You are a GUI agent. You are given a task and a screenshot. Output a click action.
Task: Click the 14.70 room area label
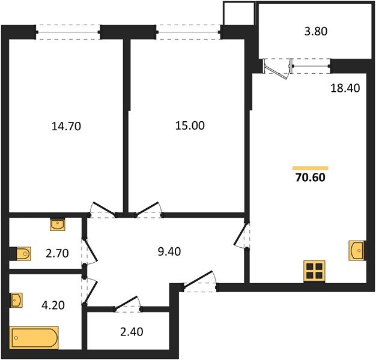(x=67, y=126)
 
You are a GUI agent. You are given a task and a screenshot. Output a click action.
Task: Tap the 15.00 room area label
(x=190, y=126)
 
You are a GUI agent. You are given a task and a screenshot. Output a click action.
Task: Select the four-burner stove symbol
(x=314, y=271)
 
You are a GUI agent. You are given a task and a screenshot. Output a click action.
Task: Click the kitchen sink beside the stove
(x=356, y=250)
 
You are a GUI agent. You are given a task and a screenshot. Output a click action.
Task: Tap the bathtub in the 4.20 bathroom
(x=34, y=338)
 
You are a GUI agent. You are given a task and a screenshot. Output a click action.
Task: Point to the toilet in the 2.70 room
(x=21, y=254)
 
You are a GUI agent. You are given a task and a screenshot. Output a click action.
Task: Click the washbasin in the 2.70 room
(x=58, y=225)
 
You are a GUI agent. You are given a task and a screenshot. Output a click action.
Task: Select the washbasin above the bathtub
(x=17, y=299)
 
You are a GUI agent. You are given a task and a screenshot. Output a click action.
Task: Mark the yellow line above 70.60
(x=310, y=167)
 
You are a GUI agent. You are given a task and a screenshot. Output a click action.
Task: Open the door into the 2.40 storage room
(x=127, y=305)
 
